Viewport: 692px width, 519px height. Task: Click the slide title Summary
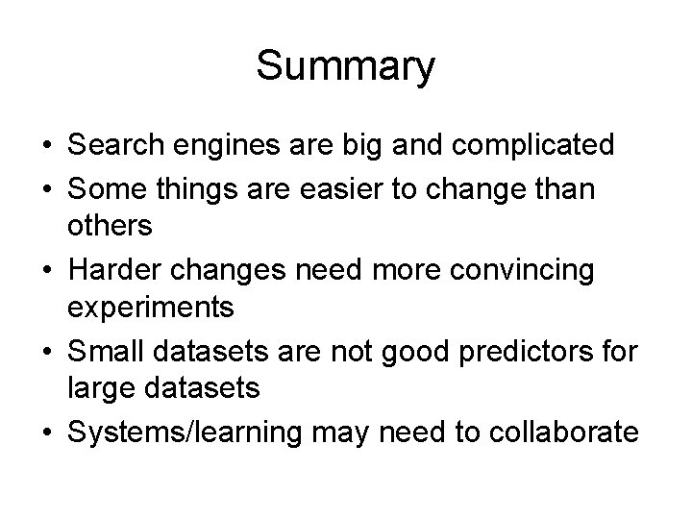[x=346, y=67]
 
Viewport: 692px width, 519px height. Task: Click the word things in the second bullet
[x=185, y=187]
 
